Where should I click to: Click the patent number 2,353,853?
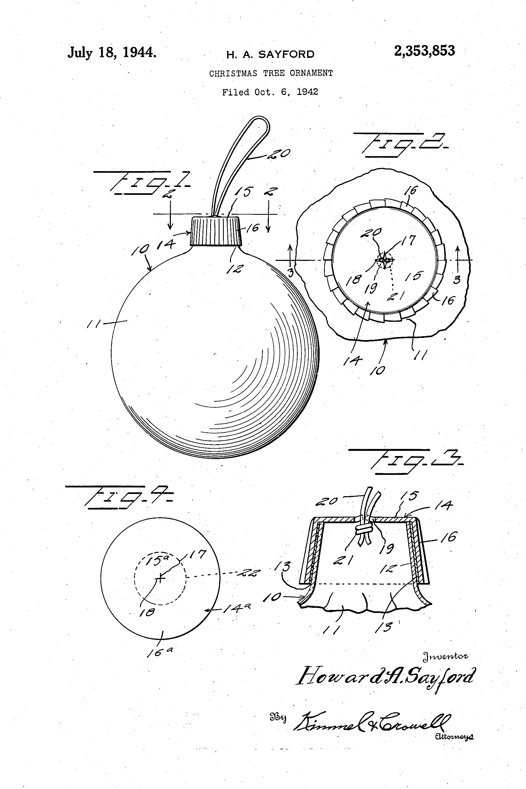coord(424,51)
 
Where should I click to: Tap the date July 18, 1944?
coord(112,53)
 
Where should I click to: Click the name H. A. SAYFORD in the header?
coord(271,54)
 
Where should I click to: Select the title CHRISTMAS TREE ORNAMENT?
coord(271,73)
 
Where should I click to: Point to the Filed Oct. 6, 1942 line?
coord(270,92)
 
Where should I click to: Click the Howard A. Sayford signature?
coord(386,676)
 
